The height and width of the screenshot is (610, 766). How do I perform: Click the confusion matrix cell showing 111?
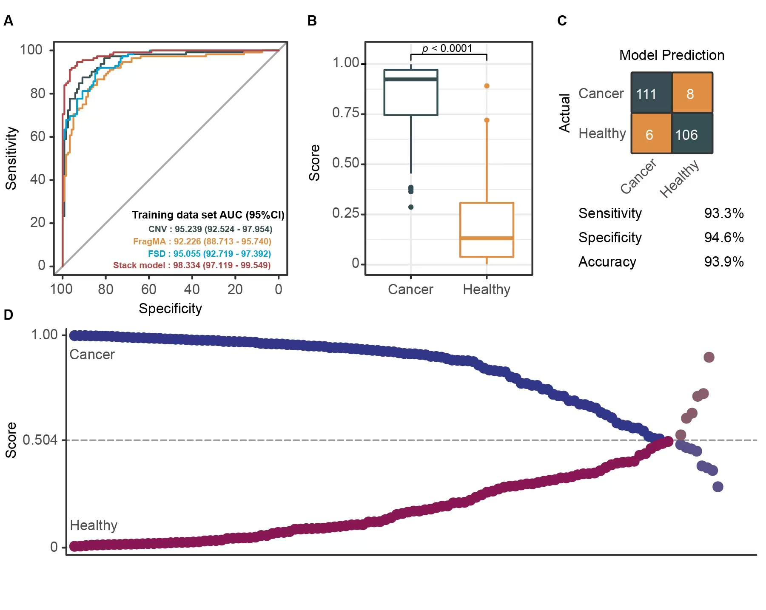(x=651, y=93)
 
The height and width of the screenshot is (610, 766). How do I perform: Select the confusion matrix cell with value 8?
(x=692, y=93)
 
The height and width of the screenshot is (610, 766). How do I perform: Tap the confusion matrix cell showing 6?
(x=651, y=134)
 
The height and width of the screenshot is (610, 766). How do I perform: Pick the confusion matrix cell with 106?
(x=692, y=134)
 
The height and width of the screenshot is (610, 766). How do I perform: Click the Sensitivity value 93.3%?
(x=723, y=213)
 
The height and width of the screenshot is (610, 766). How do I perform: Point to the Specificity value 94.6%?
(x=723, y=237)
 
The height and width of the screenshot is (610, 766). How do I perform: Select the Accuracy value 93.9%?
(x=723, y=261)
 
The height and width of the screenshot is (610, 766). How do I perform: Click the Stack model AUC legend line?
(x=192, y=265)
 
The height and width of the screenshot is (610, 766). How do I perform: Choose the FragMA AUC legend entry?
(x=202, y=241)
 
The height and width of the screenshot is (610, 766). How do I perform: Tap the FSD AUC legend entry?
(x=209, y=254)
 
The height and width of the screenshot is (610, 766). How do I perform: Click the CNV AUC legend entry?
(x=210, y=229)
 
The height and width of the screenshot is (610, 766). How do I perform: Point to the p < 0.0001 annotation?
(x=447, y=48)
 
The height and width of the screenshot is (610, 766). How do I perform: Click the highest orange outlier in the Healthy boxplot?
(x=487, y=86)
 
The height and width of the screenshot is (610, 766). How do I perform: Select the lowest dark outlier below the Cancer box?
(x=411, y=207)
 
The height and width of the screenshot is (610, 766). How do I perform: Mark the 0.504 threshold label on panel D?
(x=40, y=440)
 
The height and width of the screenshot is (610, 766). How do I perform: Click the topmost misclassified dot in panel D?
(x=709, y=357)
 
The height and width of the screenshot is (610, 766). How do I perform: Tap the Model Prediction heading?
(x=672, y=55)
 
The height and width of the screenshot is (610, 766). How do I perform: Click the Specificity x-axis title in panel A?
(x=170, y=308)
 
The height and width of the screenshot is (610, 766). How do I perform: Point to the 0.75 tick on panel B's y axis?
(x=345, y=113)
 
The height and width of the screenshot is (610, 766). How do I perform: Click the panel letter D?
(x=9, y=315)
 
